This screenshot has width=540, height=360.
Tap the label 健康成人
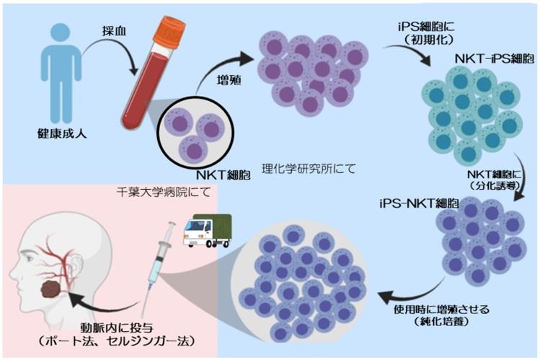point(56,133)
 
